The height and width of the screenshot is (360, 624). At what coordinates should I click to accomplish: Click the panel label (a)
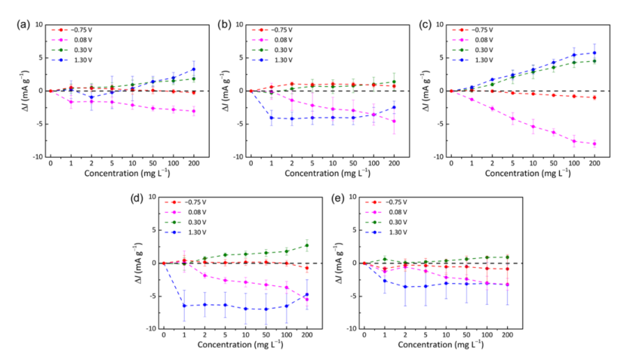coord(24,24)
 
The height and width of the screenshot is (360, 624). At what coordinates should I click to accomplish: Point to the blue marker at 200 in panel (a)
coord(193,69)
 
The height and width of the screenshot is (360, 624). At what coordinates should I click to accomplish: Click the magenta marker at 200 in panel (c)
coord(595,143)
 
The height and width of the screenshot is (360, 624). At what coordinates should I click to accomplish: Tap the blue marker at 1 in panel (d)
coord(185,306)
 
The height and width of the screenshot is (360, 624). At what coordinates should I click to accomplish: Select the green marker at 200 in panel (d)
coord(307,245)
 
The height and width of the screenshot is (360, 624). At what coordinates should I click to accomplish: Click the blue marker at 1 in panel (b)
coord(272,117)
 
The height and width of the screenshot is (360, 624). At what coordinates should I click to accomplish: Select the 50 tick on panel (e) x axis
coord(467,334)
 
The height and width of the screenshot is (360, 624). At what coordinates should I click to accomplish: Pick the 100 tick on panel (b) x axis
coord(373,163)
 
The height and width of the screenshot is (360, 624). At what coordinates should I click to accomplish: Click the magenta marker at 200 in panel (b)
coord(394,121)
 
